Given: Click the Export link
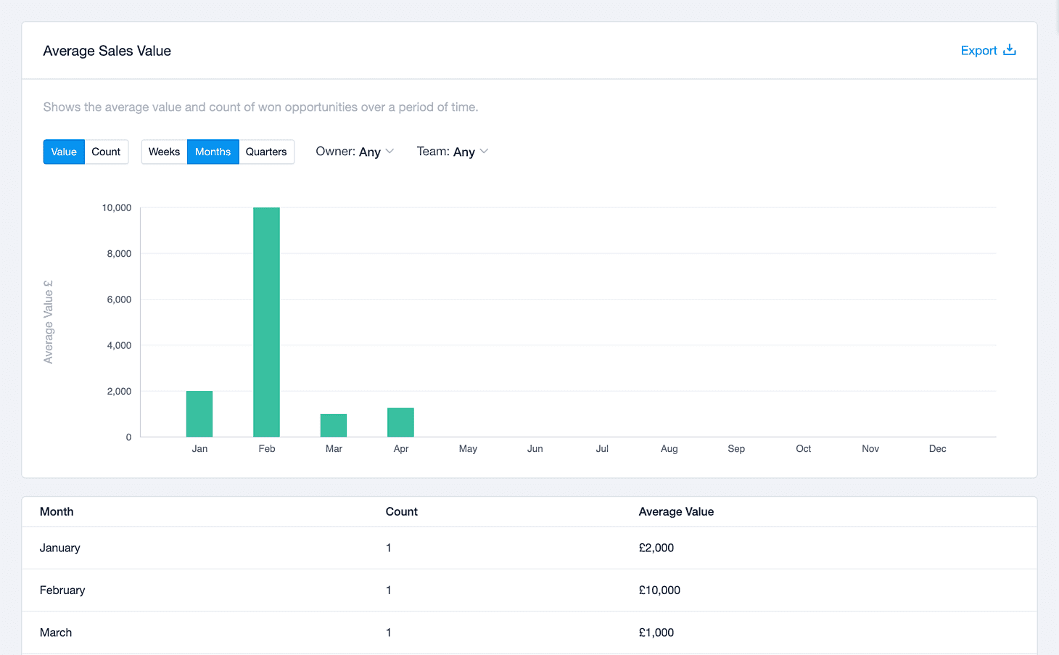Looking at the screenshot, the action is (988, 51).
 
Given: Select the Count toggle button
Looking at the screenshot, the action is (106, 152).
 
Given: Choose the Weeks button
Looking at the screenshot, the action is (164, 152).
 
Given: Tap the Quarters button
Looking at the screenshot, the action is (266, 152).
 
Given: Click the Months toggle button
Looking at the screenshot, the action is (213, 152).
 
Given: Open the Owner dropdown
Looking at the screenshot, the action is (355, 152).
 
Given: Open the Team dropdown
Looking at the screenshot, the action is (452, 152).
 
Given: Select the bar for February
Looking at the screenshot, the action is (267, 322).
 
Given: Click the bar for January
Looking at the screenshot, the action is (199, 413).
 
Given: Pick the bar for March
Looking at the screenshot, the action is (334, 426).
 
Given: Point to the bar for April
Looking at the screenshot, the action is (401, 422).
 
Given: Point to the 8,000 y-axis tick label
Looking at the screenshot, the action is (119, 253).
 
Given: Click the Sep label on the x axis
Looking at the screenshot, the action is (736, 448).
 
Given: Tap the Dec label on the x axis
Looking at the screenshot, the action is (937, 448).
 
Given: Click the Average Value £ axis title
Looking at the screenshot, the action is (48, 322).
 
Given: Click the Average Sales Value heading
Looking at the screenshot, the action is (107, 51).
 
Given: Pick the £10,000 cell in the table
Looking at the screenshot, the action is (659, 590).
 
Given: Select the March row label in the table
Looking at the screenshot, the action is (56, 633).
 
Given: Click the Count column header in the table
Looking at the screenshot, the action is (401, 511).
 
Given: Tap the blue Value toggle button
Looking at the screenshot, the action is (64, 152).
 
